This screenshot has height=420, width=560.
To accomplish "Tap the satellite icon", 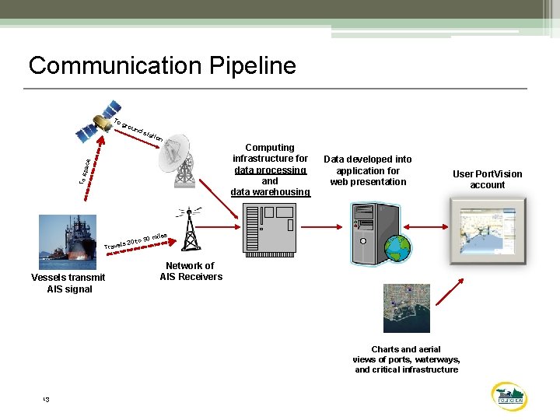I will (100, 121).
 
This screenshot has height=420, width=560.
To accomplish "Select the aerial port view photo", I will (406, 308).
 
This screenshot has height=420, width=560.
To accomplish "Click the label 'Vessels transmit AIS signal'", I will (68, 283).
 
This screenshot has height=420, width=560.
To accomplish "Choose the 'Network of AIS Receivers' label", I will (191, 271).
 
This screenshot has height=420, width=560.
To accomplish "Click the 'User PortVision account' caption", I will (487, 179).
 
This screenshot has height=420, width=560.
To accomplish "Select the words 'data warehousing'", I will (270, 192).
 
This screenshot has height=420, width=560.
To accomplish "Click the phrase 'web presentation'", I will (368, 182).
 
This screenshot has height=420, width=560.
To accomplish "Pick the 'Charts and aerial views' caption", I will (406, 359).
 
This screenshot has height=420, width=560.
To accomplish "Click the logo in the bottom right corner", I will (510, 396).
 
